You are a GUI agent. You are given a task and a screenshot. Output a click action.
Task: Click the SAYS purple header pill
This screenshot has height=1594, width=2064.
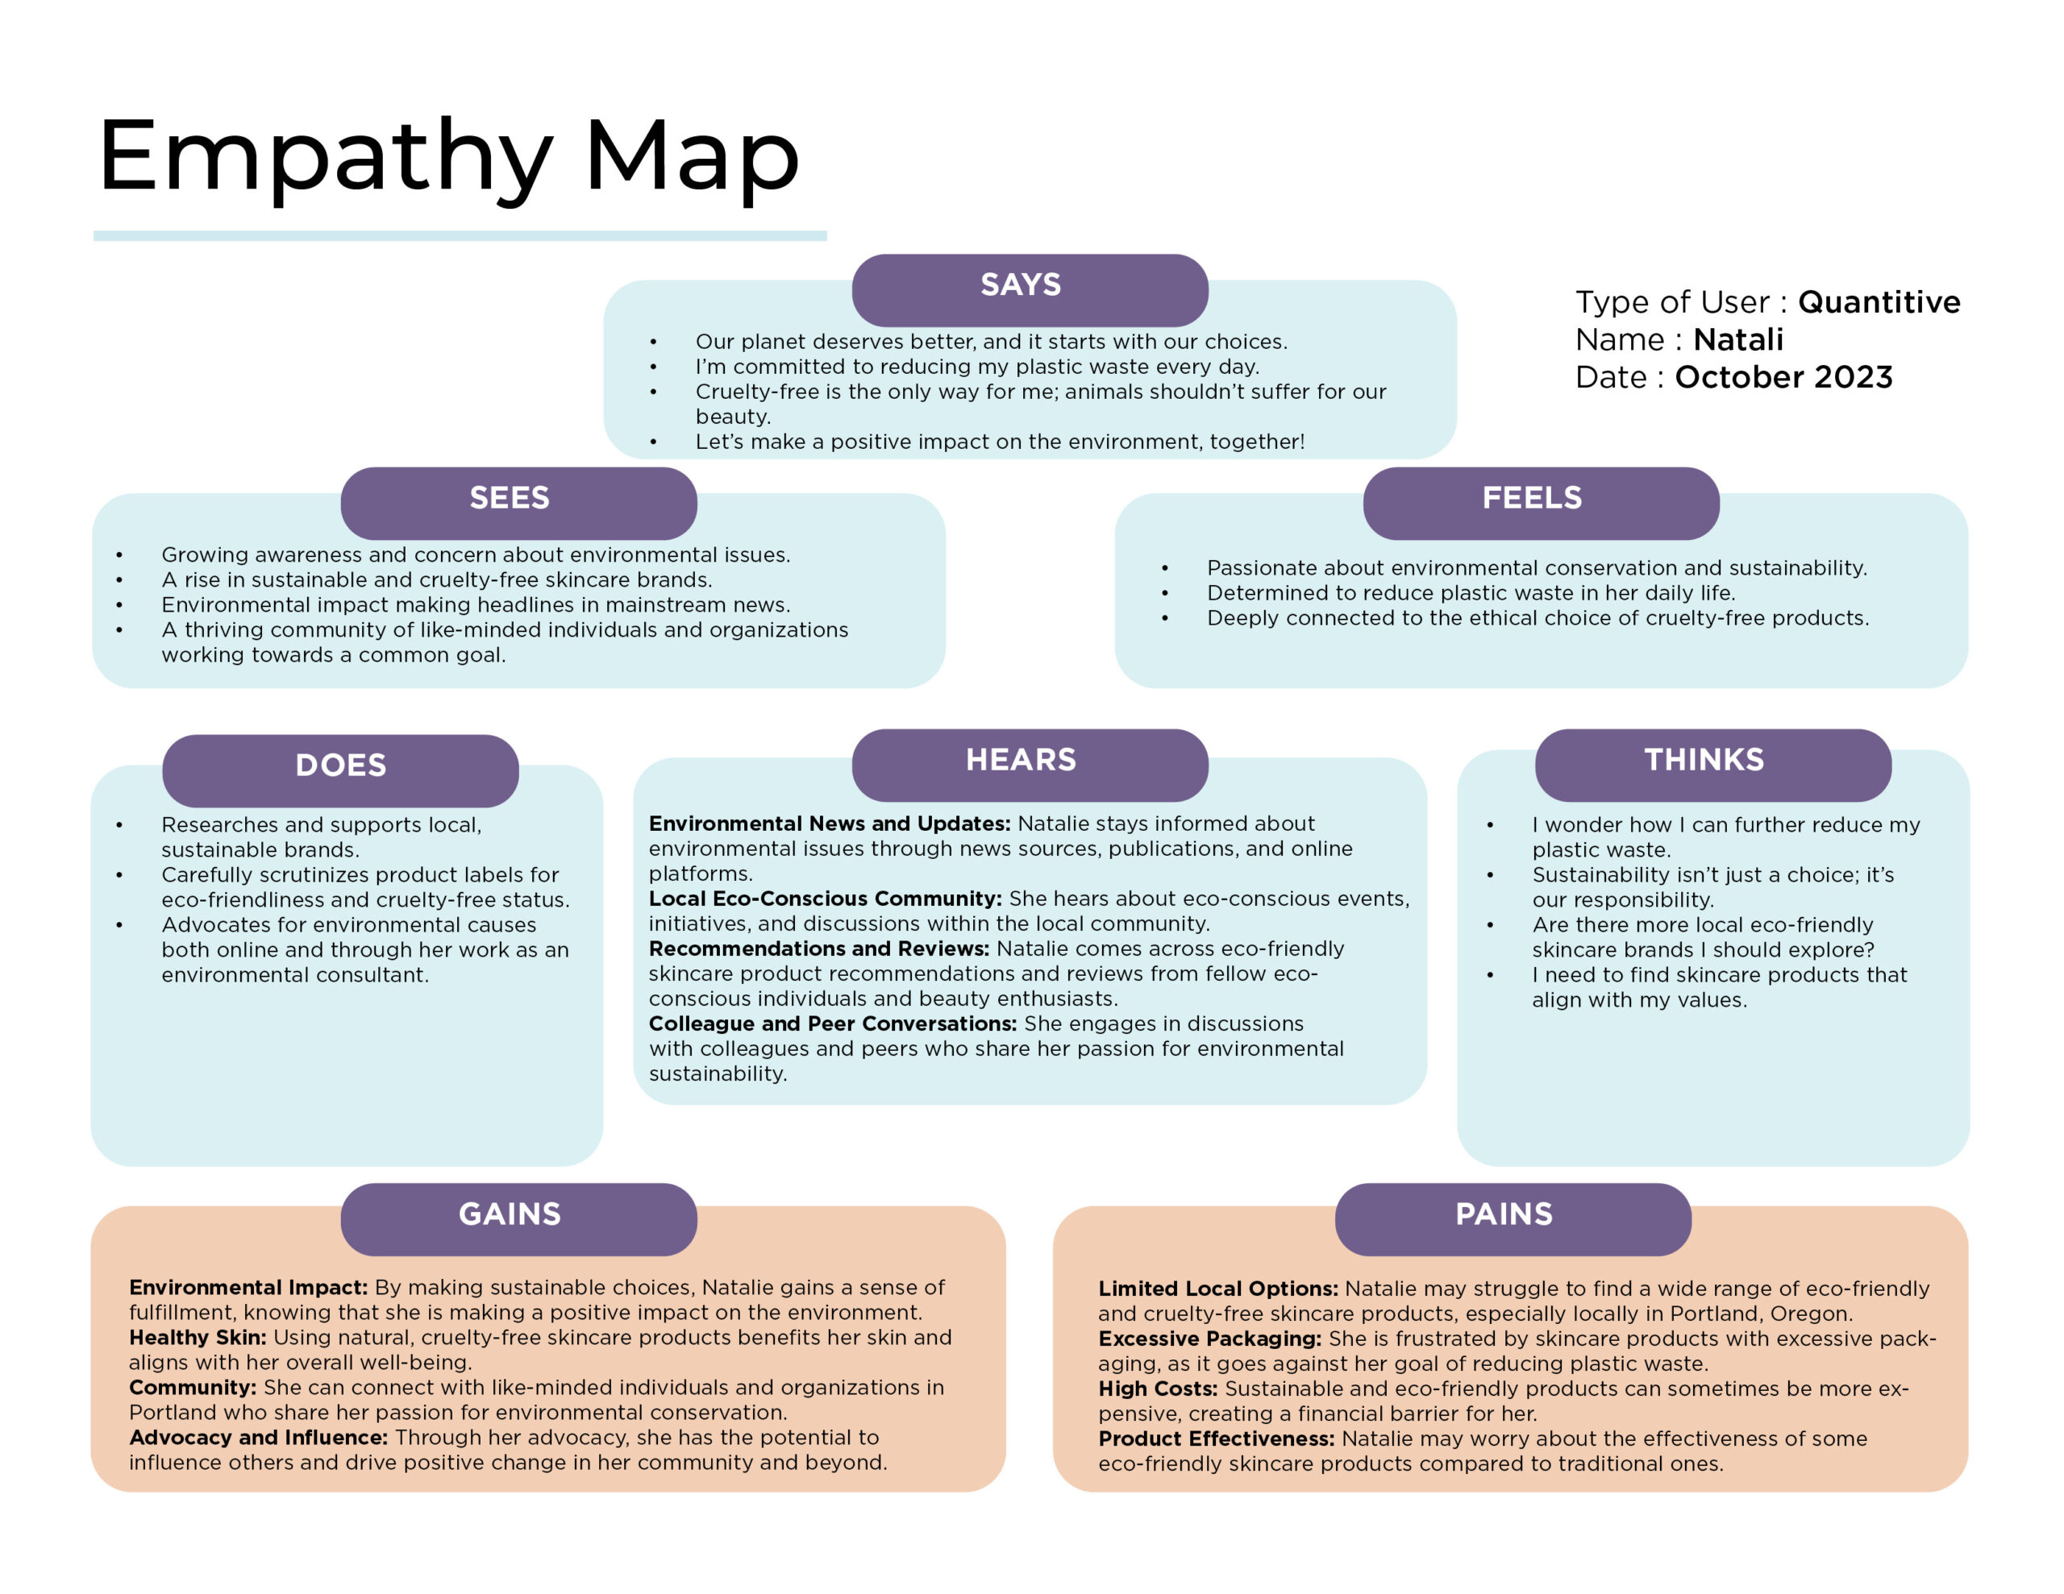[1029, 290]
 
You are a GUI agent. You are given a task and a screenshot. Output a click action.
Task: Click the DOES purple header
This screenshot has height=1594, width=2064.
[340, 771]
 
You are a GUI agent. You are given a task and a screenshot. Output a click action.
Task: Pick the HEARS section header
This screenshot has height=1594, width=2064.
[1029, 766]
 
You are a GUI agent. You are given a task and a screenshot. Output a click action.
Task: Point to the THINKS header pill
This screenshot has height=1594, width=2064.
[1712, 766]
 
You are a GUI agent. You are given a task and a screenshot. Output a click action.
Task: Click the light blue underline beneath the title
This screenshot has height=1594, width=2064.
[460, 236]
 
